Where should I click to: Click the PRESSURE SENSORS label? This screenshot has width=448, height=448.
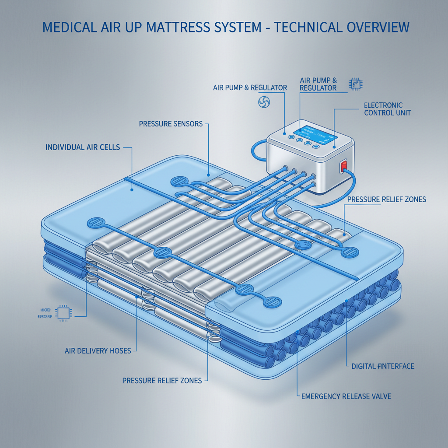pyautogui.click(x=171, y=124)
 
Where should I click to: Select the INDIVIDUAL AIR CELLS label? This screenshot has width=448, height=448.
pyautogui.click(x=82, y=147)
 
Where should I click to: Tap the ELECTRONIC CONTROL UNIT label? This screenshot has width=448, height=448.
pyautogui.click(x=387, y=109)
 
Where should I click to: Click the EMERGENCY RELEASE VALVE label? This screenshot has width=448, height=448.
pyautogui.click(x=346, y=396)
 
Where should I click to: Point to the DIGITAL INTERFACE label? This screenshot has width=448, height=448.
pyautogui.click(x=382, y=366)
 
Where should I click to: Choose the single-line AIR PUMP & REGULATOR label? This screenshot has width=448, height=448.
pyautogui.click(x=250, y=88)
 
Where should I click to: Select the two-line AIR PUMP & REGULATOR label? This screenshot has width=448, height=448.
pyautogui.click(x=318, y=84)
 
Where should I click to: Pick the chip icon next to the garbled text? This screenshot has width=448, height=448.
pyautogui.click(x=64, y=314)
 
